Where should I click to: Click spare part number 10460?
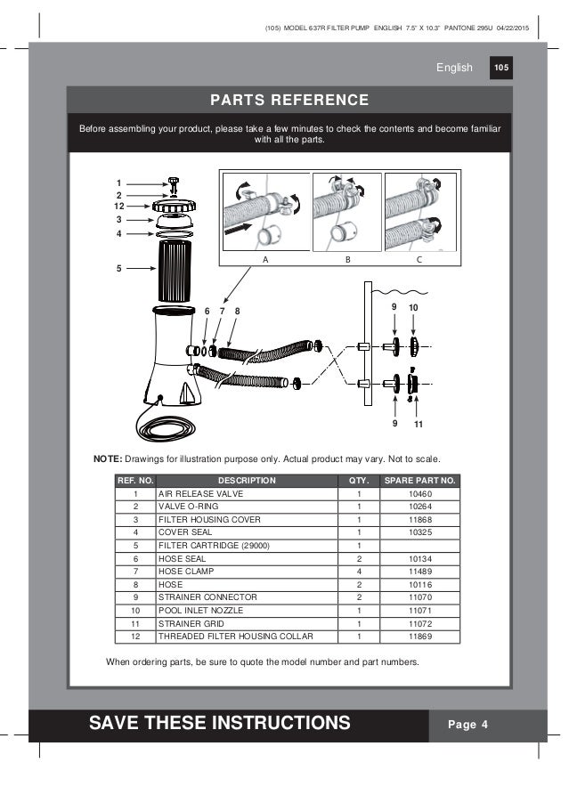pyautogui.click(x=420, y=494)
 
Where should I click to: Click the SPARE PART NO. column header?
pyautogui.click(x=420, y=481)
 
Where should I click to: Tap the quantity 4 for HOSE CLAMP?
pyautogui.click(x=358, y=572)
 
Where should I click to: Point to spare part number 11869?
pyautogui.click(x=420, y=637)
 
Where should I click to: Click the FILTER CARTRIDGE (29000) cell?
pyautogui.click(x=214, y=546)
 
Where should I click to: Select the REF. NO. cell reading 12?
pyautogui.click(x=135, y=637)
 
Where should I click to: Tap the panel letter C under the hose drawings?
pyautogui.click(x=419, y=258)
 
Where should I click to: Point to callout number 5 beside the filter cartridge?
pyautogui.click(x=119, y=266)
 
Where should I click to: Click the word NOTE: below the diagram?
pyautogui.click(x=108, y=458)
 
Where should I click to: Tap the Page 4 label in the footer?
pyautogui.click(x=467, y=724)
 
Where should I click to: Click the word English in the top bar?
pyautogui.click(x=453, y=68)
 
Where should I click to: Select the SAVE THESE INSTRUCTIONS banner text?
pyautogui.click(x=219, y=724)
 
